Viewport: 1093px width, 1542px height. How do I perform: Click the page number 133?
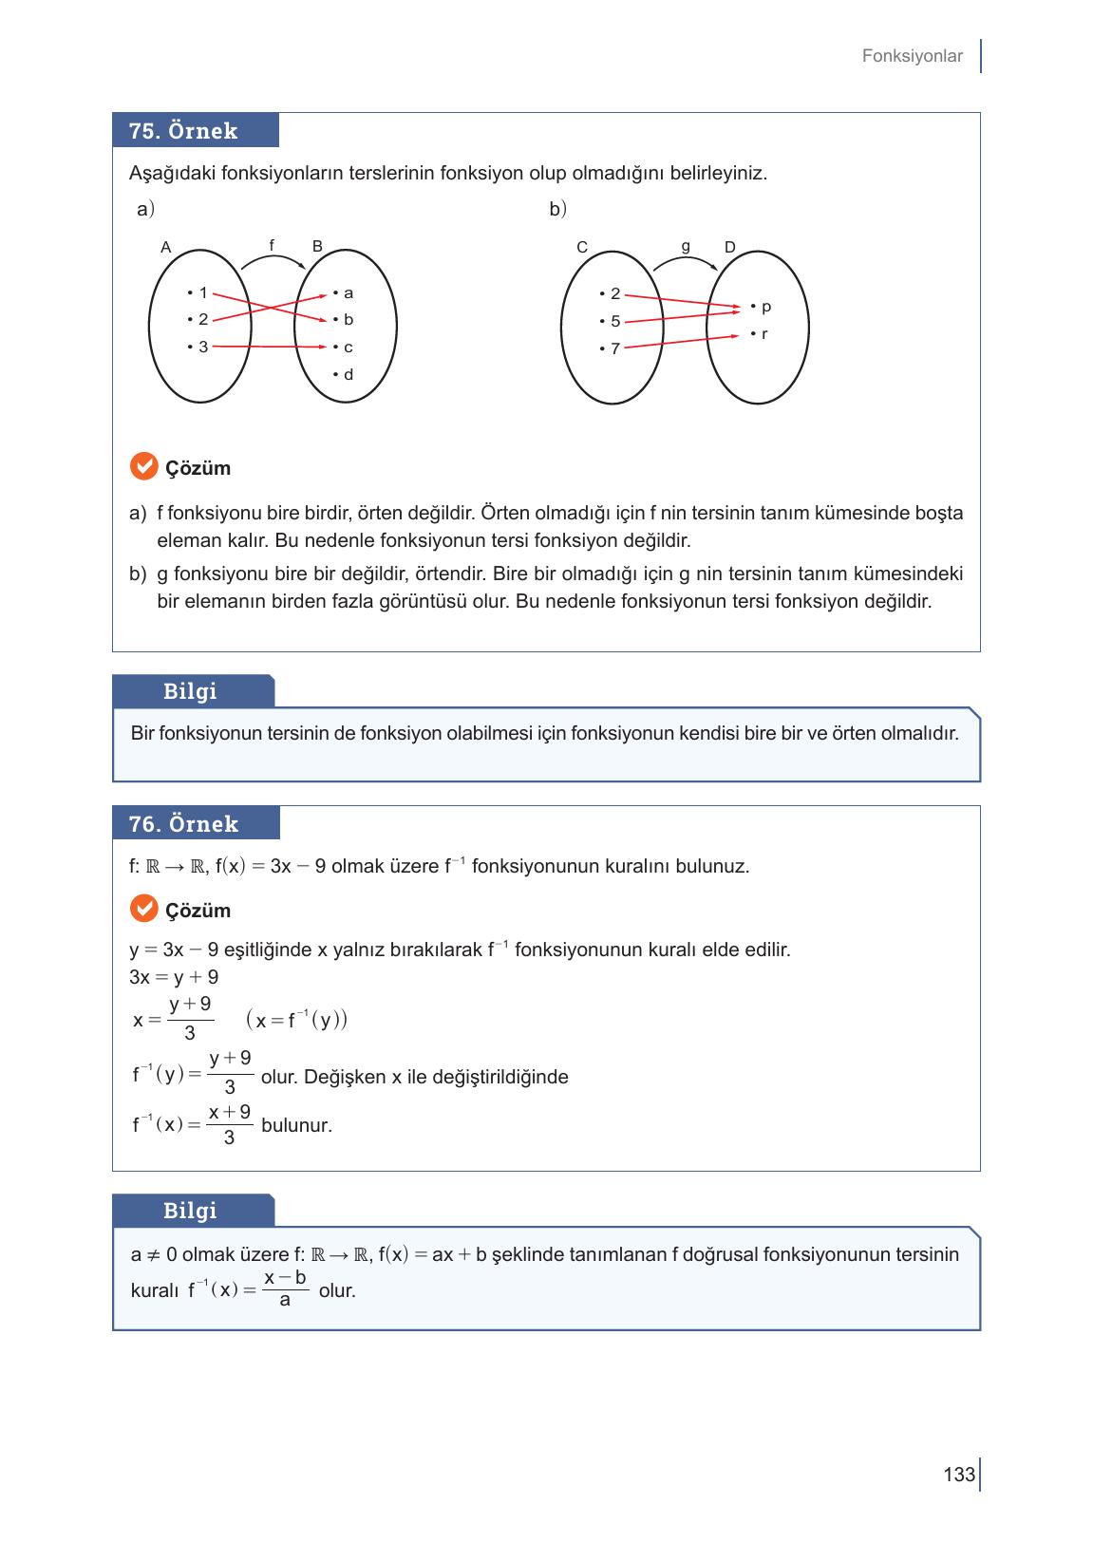point(959,1475)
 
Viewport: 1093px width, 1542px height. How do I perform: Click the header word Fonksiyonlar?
point(912,56)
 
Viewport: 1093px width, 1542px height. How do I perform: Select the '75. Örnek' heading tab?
point(195,131)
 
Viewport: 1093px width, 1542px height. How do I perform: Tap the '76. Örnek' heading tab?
point(196,824)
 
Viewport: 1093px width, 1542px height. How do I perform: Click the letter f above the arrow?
point(272,245)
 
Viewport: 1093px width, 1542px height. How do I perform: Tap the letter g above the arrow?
point(686,246)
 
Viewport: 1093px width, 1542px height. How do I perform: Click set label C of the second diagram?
point(582,248)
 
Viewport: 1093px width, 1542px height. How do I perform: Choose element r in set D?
point(763,334)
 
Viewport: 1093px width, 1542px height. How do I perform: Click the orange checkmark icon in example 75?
point(143,467)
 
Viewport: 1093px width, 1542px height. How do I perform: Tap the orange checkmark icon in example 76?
point(143,909)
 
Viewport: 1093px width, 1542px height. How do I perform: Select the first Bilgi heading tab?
point(193,691)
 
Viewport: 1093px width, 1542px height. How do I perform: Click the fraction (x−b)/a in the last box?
point(285,1288)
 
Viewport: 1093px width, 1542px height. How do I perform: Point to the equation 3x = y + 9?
point(174,977)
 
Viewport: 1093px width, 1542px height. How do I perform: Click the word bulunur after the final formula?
point(296,1126)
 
